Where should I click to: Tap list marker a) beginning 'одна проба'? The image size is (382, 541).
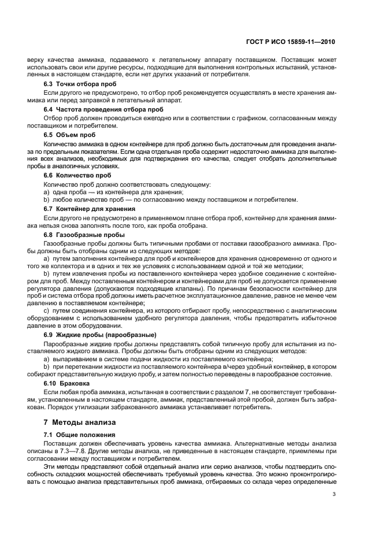pyautogui.click(x=47, y=191)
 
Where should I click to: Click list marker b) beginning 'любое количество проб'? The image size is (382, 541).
pyautogui.click(x=47, y=199)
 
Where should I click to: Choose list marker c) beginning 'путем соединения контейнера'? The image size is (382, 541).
pyautogui.click(x=47, y=310)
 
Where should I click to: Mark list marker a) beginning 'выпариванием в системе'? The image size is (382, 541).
pyautogui.click(x=47, y=359)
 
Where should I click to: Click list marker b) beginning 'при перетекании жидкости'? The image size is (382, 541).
pyautogui.click(x=47, y=366)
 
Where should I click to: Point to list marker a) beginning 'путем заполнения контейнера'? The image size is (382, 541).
pyautogui.click(x=47, y=260)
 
